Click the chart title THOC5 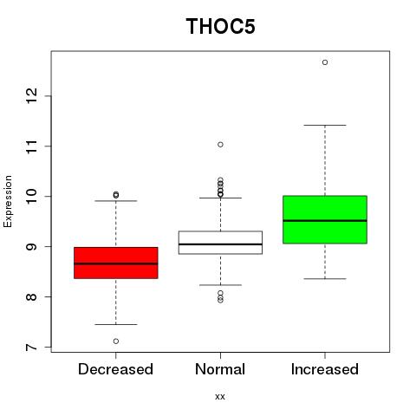click(x=220, y=26)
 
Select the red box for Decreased click(x=116, y=263)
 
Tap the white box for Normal click(x=220, y=243)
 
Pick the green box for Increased click(x=325, y=219)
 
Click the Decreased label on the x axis click(x=115, y=369)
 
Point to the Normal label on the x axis click(x=220, y=369)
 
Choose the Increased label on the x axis click(x=325, y=369)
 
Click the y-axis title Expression click(x=8, y=201)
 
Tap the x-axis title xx click(x=220, y=397)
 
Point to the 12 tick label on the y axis click(x=31, y=96)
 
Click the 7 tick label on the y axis click(x=31, y=347)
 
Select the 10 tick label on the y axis click(x=31, y=197)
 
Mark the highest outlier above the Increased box click(x=325, y=62)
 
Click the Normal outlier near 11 click(x=220, y=145)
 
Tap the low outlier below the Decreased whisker click(x=116, y=341)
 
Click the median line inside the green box click(x=325, y=221)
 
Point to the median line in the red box click(x=116, y=263)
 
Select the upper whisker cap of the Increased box click(x=325, y=125)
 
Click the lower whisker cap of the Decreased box click(x=116, y=324)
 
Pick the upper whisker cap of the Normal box click(x=220, y=198)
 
